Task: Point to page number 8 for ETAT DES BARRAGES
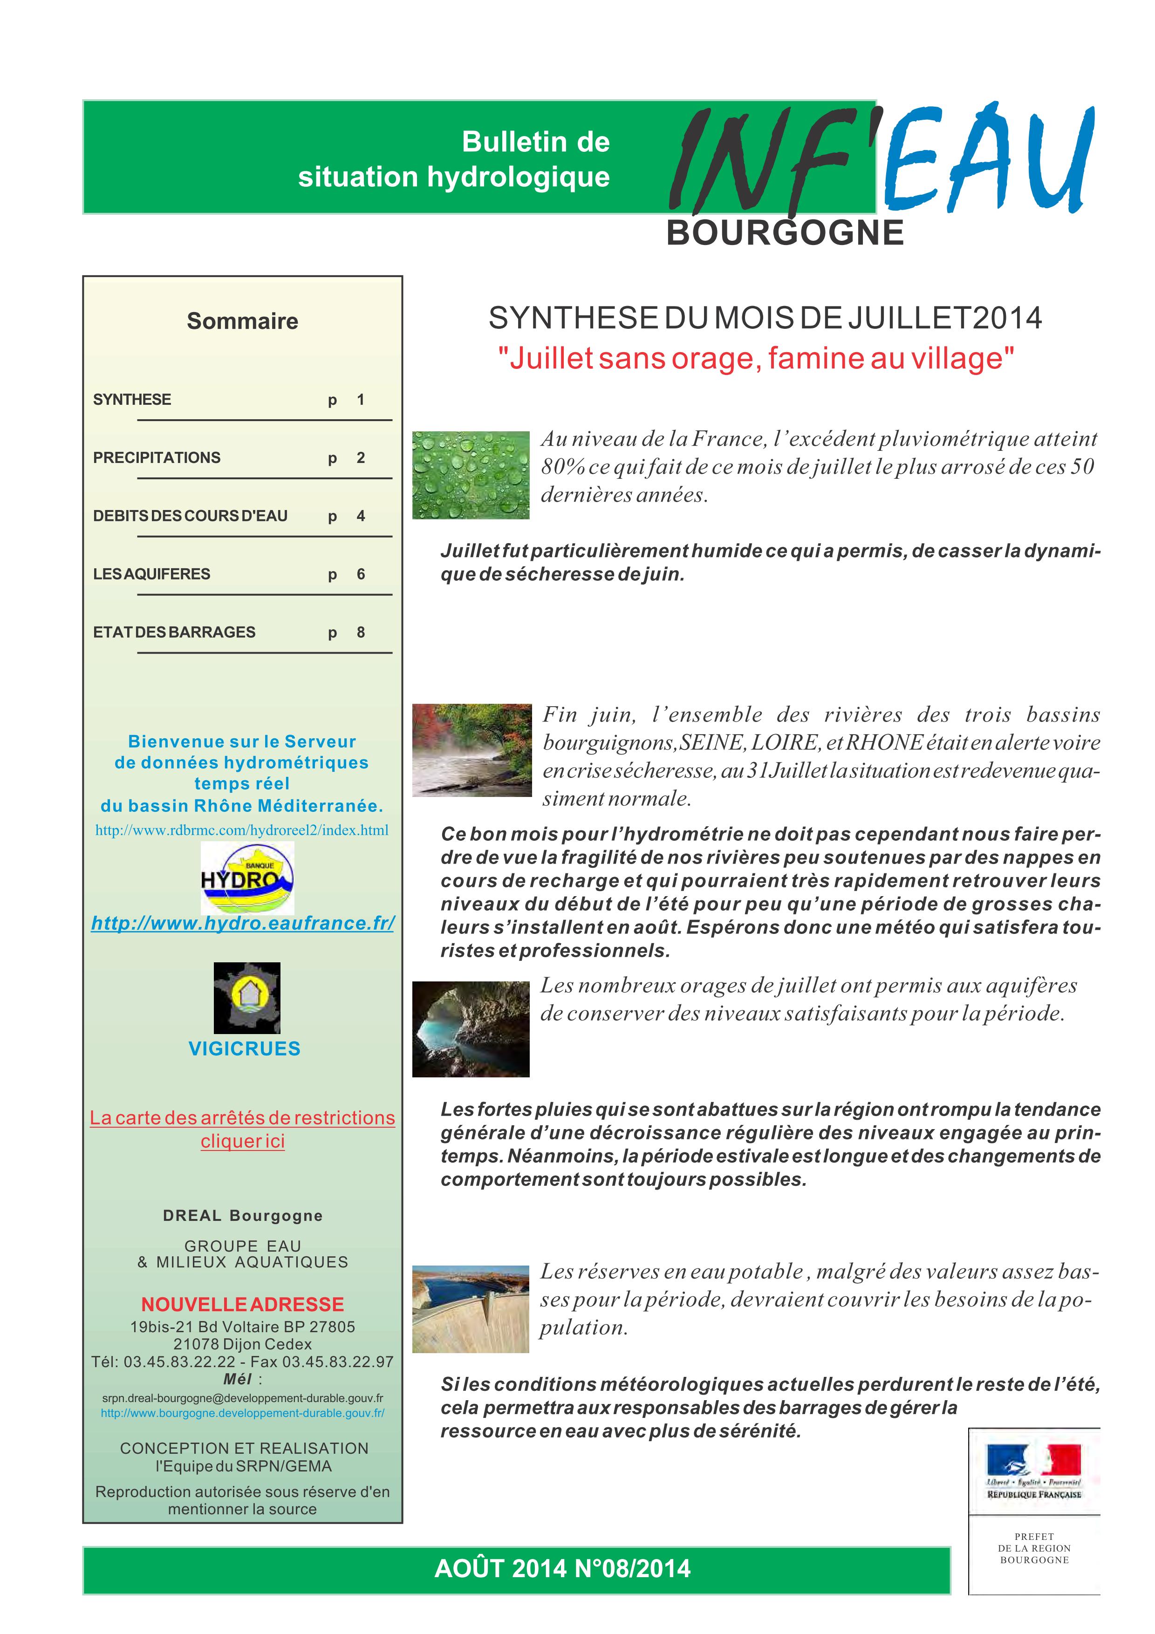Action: pos(361,632)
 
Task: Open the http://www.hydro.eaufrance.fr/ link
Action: pos(243,923)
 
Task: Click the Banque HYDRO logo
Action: pos(247,878)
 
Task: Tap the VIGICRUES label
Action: pos(244,1048)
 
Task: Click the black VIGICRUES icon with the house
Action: pos(247,998)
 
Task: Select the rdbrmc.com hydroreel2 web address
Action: pos(242,830)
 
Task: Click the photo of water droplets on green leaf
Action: pos(471,475)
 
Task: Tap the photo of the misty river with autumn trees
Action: pos(472,750)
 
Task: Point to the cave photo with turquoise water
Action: pos(471,1028)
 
